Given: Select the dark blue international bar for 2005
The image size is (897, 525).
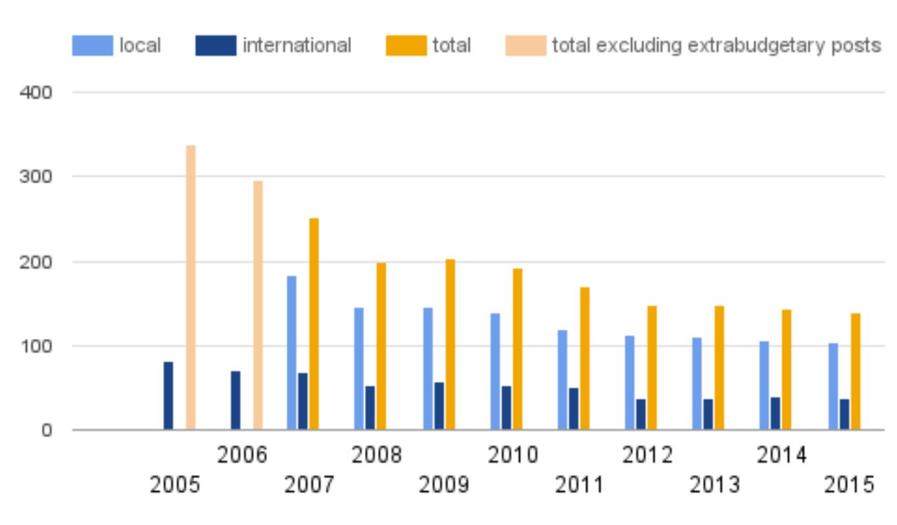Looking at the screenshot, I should [x=169, y=396].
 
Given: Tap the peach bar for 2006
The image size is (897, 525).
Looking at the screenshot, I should [x=257, y=306].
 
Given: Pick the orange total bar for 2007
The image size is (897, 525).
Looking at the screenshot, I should [x=314, y=324].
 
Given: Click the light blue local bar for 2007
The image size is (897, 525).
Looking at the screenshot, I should [x=292, y=353].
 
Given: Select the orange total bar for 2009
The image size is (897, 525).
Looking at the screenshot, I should [x=450, y=345].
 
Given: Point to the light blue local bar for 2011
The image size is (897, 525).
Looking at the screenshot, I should [x=562, y=380].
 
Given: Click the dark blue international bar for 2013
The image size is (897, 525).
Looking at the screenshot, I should [x=708, y=414].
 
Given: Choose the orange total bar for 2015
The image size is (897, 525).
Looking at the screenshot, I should [x=856, y=372].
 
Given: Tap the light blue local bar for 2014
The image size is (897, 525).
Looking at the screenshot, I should [x=764, y=385].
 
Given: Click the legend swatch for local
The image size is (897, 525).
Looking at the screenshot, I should [x=92, y=46].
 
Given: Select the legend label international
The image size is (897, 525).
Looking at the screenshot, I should [x=297, y=46].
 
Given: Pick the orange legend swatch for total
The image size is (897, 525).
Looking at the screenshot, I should [x=406, y=46].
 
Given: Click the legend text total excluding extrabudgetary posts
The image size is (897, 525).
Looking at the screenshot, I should [x=716, y=46].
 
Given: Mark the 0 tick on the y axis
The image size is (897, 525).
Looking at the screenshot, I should [x=47, y=431].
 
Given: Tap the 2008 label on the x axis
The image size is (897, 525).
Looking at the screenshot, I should [x=377, y=456].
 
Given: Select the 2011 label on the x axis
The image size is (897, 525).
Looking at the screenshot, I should [x=579, y=485].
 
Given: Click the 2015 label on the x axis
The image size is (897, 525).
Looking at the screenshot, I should [x=849, y=485].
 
